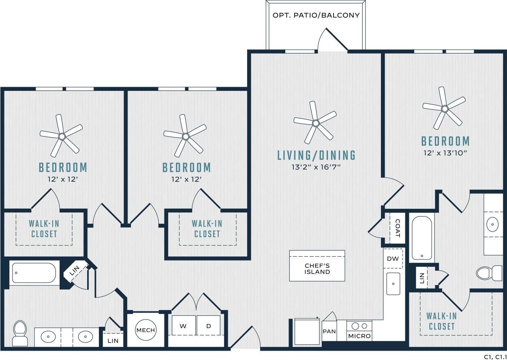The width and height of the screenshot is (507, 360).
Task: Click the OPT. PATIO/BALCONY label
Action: click(316, 15)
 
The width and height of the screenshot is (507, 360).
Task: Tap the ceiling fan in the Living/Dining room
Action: click(315, 122)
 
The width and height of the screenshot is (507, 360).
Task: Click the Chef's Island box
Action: click(317, 266)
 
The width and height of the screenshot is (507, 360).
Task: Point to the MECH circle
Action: click(145, 330)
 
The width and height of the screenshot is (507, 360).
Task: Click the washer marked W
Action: click(184, 326)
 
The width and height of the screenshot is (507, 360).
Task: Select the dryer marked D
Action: click(208, 326)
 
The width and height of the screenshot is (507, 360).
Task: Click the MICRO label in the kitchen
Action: click(359, 336)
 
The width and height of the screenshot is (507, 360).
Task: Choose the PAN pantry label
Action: click(329, 331)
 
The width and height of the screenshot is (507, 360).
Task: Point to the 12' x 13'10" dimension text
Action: click(445, 153)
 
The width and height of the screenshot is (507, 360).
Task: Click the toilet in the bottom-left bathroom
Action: click(20, 333)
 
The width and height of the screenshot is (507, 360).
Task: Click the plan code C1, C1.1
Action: click(495, 356)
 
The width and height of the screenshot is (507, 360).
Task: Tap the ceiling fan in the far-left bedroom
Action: click(62, 136)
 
